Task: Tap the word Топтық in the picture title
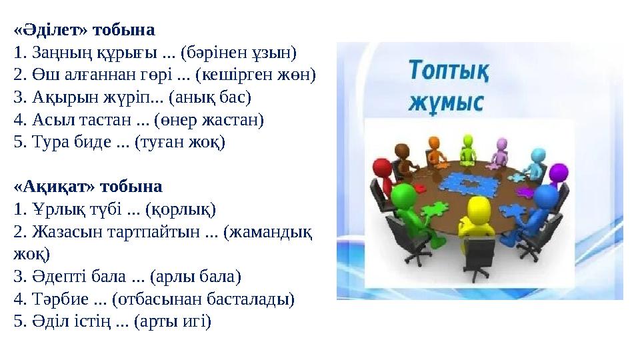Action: tap(448, 71)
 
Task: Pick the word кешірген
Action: tap(236, 75)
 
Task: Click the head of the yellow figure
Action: tap(477, 208)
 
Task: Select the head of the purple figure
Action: tap(559, 173)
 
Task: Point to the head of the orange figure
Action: tap(434, 143)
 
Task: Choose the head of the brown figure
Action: tap(403, 151)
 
